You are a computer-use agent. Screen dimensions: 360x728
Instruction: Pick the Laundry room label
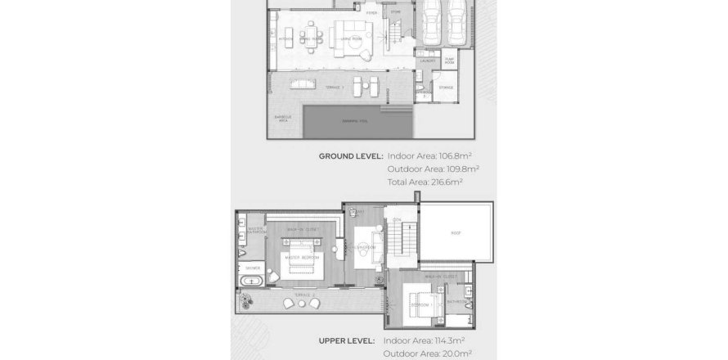[x=427, y=61]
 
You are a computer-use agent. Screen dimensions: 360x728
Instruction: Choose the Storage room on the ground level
[x=446, y=87]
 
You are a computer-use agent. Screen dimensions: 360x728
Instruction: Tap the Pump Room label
[x=449, y=61]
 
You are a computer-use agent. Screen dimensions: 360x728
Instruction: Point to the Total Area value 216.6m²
[x=447, y=182]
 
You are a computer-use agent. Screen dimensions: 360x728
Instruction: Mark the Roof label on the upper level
[x=456, y=232]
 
